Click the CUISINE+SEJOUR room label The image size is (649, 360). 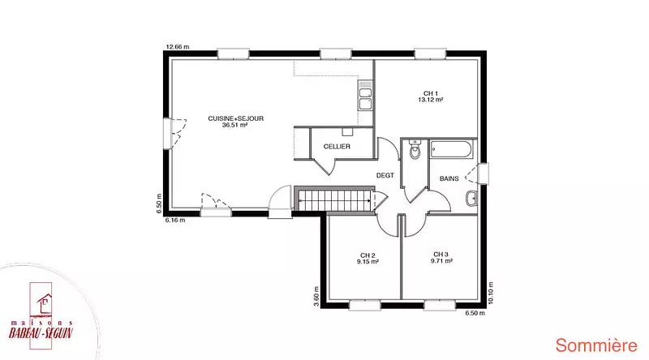tap(235, 118)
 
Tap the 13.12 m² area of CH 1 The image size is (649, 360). tap(431, 100)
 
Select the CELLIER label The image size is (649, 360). tap(337, 147)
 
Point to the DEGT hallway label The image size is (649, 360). tap(385, 175)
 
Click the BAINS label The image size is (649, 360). tap(449, 178)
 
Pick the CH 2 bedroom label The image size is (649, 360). tap(367, 255)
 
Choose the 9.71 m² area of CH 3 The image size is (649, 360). tap(441, 261)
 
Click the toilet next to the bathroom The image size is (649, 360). tap(415, 150)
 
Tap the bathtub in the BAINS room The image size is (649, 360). tap(450, 149)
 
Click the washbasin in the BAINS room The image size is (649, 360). tap(471, 198)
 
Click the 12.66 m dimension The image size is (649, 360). tap(178, 47)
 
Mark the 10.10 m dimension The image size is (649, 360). tap(491, 293)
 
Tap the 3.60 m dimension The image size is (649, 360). tap(316, 297)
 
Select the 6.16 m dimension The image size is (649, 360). tap(175, 221)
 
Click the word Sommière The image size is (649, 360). tap(596, 345)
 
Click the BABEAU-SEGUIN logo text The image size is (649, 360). tap(41, 332)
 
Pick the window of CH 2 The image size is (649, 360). tap(364, 306)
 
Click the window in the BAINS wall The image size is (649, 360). tap(483, 174)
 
